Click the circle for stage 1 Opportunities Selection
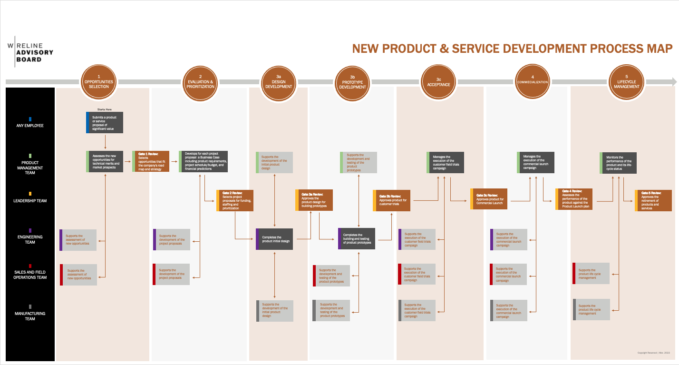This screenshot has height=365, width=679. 99,82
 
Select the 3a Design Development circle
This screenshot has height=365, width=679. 279,82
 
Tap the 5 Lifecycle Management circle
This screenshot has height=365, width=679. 626,82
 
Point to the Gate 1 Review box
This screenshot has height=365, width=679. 151,161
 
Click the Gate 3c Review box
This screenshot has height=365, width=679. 490,199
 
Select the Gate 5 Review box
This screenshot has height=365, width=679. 653,201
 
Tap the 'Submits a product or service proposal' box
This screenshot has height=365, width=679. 105,122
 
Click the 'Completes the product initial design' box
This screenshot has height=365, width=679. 274,239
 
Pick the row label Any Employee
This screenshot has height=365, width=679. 30,126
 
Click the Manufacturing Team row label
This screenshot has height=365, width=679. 30,316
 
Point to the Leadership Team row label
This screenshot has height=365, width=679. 30,201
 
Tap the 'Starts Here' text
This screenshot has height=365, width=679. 104,109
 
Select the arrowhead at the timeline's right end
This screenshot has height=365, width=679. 674,82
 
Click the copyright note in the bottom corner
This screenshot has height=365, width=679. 653,353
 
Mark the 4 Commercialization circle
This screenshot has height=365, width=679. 533,82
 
